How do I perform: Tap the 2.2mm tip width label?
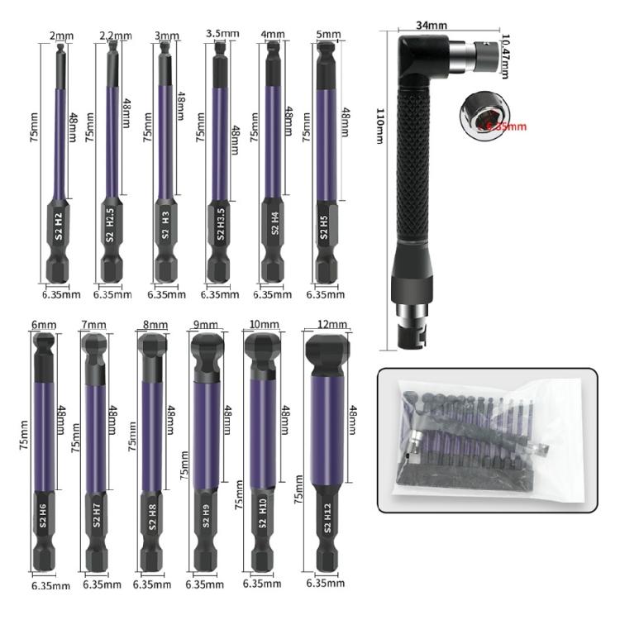[x=114, y=36]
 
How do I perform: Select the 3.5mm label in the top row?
[x=222, y=33]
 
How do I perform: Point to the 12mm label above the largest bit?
[x=331, y=322]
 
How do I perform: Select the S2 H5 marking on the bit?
[x=324, y=226]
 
